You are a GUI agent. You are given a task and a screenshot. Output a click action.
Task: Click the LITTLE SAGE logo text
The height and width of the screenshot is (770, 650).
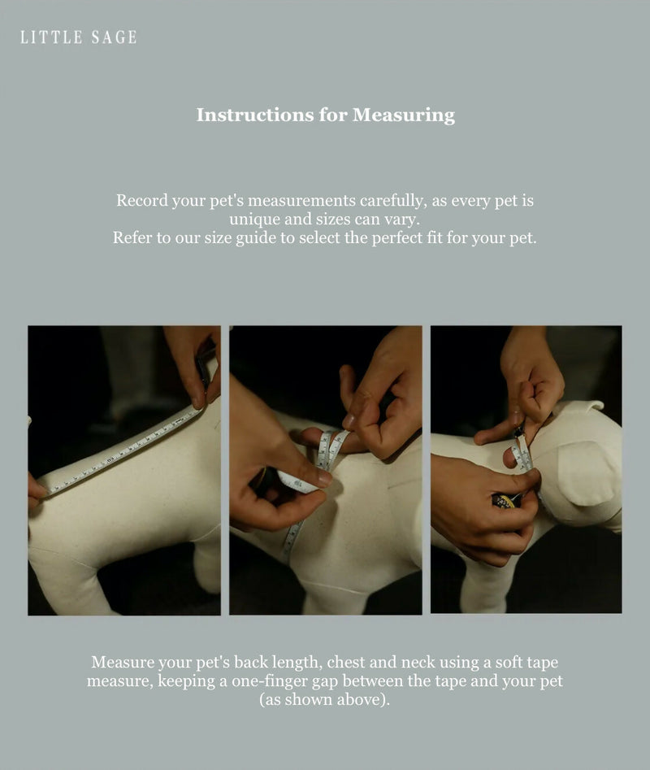coord(79,37)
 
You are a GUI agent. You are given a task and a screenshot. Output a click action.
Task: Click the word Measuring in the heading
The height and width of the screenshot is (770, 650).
coord(403,115)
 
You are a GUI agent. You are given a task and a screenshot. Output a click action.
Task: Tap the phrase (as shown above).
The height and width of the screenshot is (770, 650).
coord(324,699)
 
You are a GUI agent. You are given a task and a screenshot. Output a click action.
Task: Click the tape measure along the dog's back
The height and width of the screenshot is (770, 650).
coord(122,451)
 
